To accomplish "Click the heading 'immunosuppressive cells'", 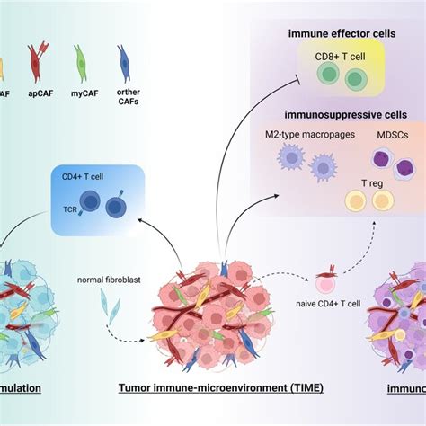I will coord(340,115).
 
